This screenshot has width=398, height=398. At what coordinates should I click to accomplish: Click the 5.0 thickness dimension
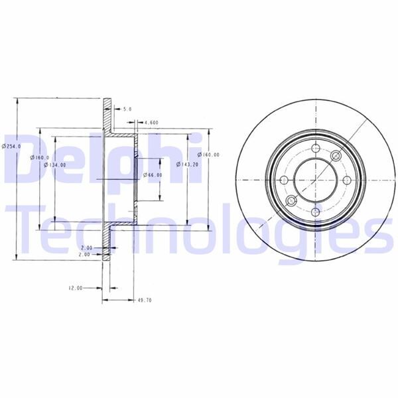pyautogui.click(x=127, y=109)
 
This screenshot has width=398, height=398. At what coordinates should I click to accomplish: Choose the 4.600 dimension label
pyautogui.click(x=151, y=122)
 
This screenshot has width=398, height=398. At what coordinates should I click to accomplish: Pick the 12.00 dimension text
pyautogui.click(x=74, y=288)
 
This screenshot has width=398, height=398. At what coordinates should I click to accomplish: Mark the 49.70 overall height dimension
pyautogui.click(x=144, y=300)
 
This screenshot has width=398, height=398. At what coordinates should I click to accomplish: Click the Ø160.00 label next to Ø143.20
pyautogui.click(x=210, y=155)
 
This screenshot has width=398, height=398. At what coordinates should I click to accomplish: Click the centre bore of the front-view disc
pyautogui.click(x=313, y=180)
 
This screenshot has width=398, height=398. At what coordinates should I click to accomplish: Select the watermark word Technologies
pyautogui.click(x=199, y=229)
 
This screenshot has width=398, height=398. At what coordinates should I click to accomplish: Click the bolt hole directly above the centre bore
pyautogui.click(x=313, y=149)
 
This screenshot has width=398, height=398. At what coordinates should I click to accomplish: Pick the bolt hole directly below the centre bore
pyautogui.click(x=313, y=211)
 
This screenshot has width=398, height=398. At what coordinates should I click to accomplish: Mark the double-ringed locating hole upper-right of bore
pyautogui.click(x=335, y=158)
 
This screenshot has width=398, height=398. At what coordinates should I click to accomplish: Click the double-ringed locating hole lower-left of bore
pyautogui.click(x=291, y=202)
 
